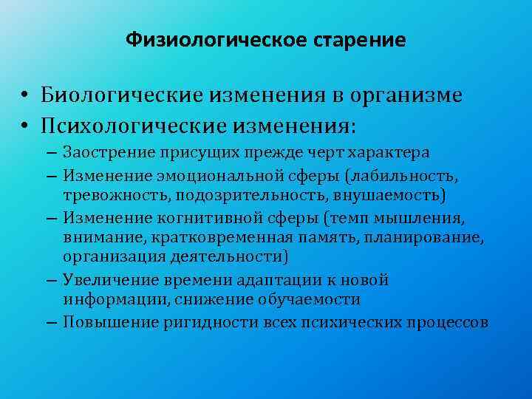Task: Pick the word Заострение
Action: click(104, 153)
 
